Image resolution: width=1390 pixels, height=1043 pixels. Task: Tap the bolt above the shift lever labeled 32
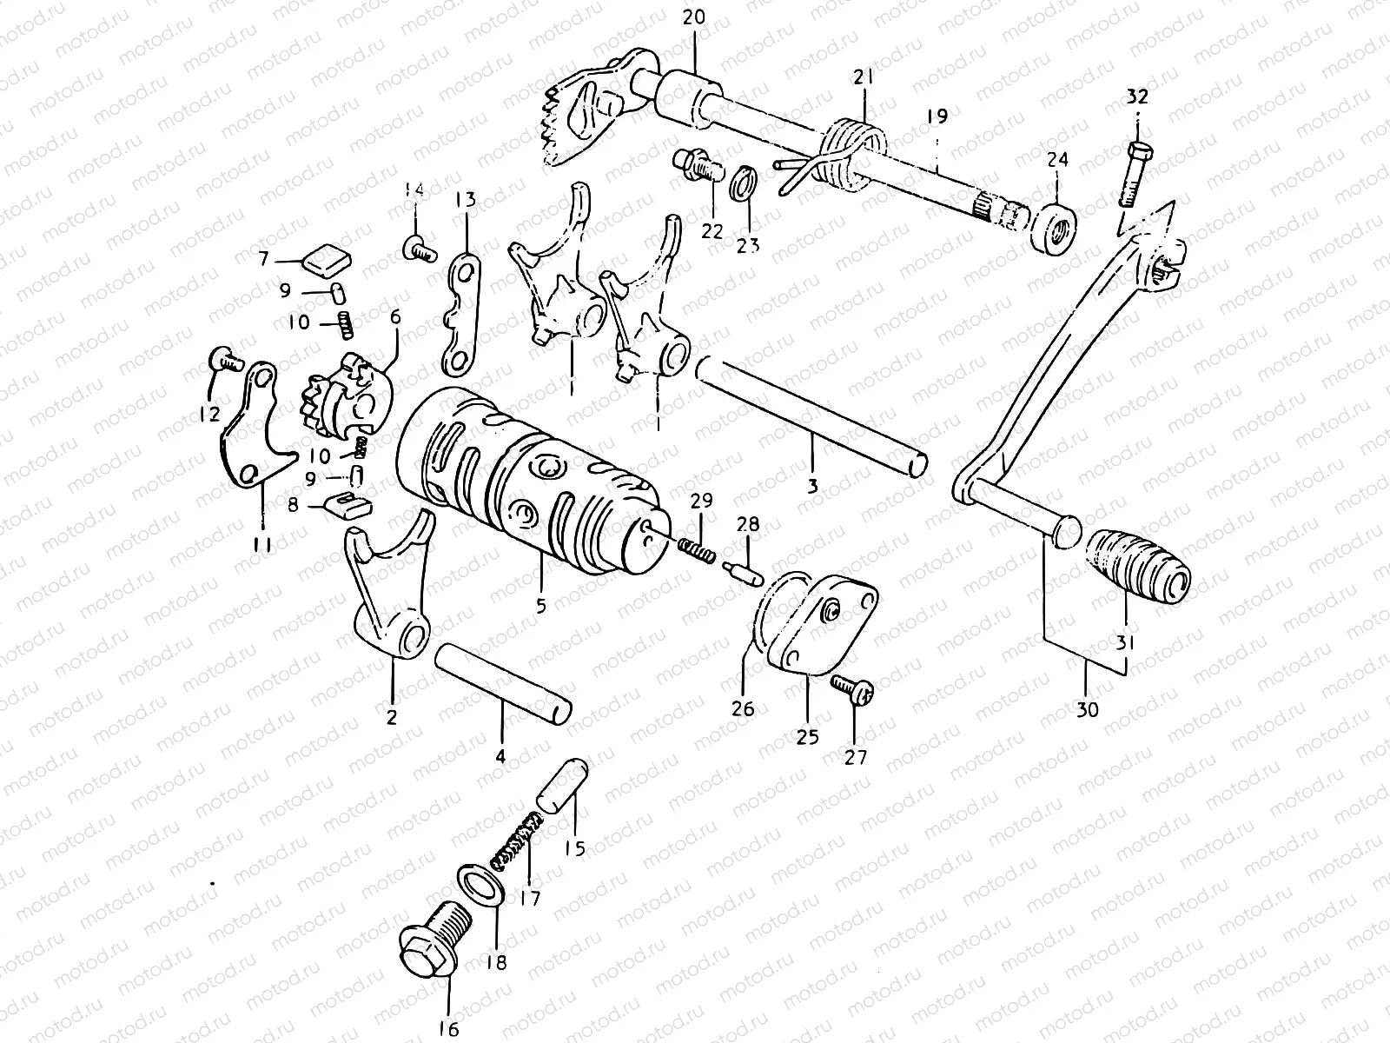(x=1133, y=172)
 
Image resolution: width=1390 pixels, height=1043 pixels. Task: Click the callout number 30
(x=1086, y=708)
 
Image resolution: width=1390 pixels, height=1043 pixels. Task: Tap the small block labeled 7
(x=325, y=257)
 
